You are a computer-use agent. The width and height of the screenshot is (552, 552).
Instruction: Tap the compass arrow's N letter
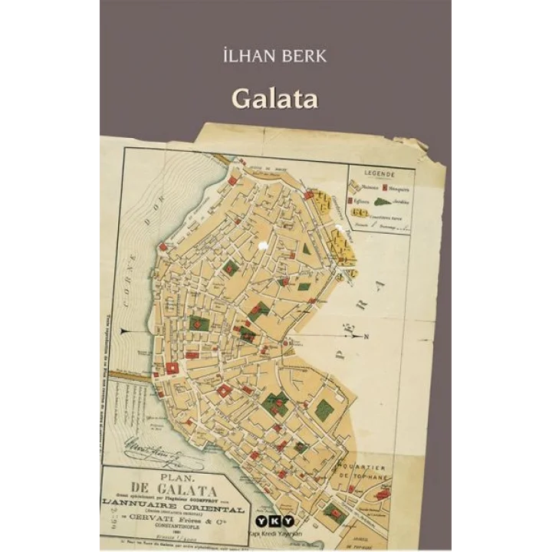366,335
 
